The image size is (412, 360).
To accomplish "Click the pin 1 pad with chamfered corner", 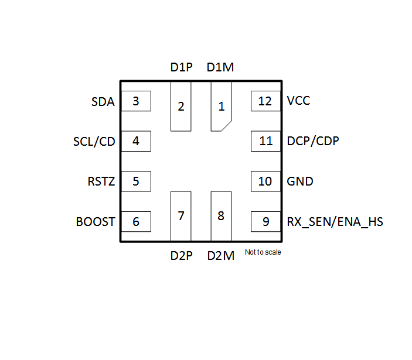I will (x=221, y=107).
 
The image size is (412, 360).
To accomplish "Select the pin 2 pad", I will (x=181, y=107).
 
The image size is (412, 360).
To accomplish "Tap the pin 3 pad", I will (x=136, y=101).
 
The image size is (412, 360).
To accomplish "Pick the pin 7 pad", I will (x=181, y=215).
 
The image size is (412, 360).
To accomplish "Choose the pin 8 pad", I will (x=221, y=215).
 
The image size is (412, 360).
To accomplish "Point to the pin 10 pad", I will (x=265, y=181).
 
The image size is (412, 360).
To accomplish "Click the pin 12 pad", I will (x=265, y=101).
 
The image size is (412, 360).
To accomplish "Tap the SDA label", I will (x=103, y=102).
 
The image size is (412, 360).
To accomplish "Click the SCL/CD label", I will (x=94, y=142).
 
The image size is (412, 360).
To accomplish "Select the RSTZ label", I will (x=101, y=181).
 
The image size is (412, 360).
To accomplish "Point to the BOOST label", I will (x=96, y=222).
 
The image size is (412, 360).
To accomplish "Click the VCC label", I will (x=298, y=101).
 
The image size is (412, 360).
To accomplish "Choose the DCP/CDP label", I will (x=312, y=141).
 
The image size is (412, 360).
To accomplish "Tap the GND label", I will (x=299, y=181).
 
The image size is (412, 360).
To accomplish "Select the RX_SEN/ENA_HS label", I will (x=335, y=222).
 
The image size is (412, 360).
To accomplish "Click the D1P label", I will (x=181, y=67).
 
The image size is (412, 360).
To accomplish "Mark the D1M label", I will (x=220, y=67).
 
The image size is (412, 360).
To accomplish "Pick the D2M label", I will (x=220, y=255).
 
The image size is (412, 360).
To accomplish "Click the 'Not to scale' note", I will (x=263, y=253).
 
